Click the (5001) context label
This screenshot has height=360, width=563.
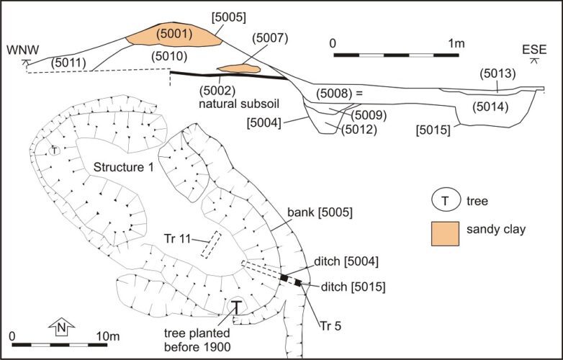point(174,34)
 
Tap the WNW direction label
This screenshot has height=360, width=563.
point(22,50)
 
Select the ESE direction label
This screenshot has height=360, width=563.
point(534,49)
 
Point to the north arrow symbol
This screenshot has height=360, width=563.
point(62,326)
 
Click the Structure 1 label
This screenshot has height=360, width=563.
point(124,167)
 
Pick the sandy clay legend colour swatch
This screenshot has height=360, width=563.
point(445,234)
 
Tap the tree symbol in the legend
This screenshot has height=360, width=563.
point(446,200)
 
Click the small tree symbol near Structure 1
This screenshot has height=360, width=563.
point(54,150)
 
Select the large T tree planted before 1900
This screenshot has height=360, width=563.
point(236,307)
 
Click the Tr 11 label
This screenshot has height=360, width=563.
point(177,238)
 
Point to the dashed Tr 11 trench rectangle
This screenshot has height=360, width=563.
point(211,244)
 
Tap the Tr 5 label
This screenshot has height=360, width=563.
point(330,326)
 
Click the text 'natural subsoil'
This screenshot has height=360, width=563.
point(239,104)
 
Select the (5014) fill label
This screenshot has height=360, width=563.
point(490,107)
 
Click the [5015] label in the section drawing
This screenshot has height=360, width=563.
point(433,130)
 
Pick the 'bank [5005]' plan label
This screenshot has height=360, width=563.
point(320,212)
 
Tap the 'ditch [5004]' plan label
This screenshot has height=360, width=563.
point(346,261)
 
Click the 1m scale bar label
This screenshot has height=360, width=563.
point(456,44)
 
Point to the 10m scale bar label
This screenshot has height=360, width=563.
point(108,336)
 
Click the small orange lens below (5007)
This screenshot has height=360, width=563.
point(239,68)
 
